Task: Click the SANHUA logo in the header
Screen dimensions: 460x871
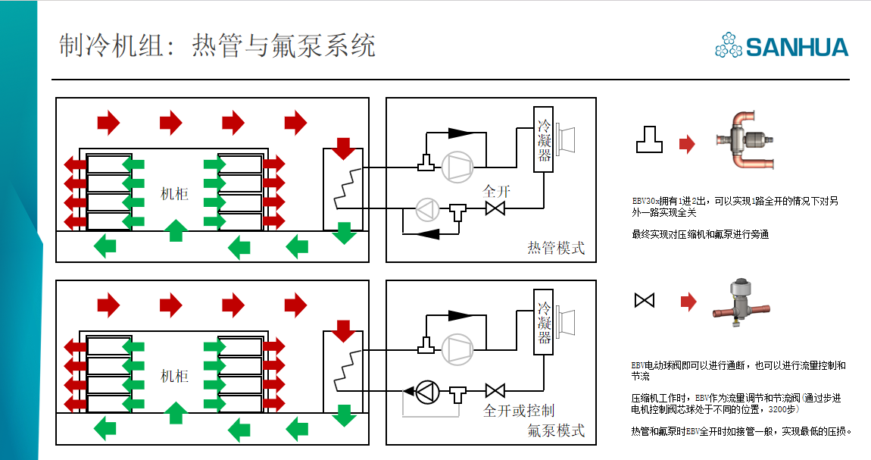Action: [782, 46]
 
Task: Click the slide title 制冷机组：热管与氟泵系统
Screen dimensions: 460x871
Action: [217, 46]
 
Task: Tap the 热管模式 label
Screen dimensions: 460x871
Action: [556, 248]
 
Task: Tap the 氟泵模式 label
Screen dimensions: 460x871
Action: [556, 430]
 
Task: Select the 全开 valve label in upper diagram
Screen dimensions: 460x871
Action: [497, 191]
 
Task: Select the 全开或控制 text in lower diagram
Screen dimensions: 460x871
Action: [519, 411]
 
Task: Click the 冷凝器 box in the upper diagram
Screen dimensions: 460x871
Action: [544, 140]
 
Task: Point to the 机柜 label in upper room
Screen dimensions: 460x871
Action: [175, 193]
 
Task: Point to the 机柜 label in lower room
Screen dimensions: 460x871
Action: [175, 376]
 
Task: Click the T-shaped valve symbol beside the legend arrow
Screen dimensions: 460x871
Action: [649, 140]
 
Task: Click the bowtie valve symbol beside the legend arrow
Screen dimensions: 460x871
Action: [644, 302]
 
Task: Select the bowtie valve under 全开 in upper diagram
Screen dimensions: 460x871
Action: [495, 208]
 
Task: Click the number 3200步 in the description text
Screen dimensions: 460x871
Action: [781, 408]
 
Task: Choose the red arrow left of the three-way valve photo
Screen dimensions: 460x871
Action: [687, 144]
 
